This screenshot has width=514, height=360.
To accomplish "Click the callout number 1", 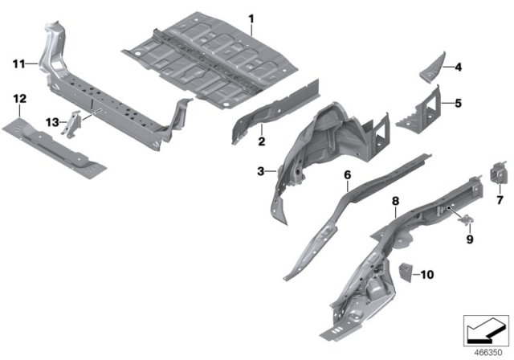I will pos(251,18).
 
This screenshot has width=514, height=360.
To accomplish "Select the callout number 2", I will pos(261,142).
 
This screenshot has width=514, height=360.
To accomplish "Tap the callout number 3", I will pos(261,171).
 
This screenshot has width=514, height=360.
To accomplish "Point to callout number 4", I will pos(459,67).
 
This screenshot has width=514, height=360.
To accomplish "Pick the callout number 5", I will pos(459,103).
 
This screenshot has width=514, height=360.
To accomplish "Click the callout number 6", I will pos(347,174).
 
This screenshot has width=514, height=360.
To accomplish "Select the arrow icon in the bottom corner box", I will pos(486,329).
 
